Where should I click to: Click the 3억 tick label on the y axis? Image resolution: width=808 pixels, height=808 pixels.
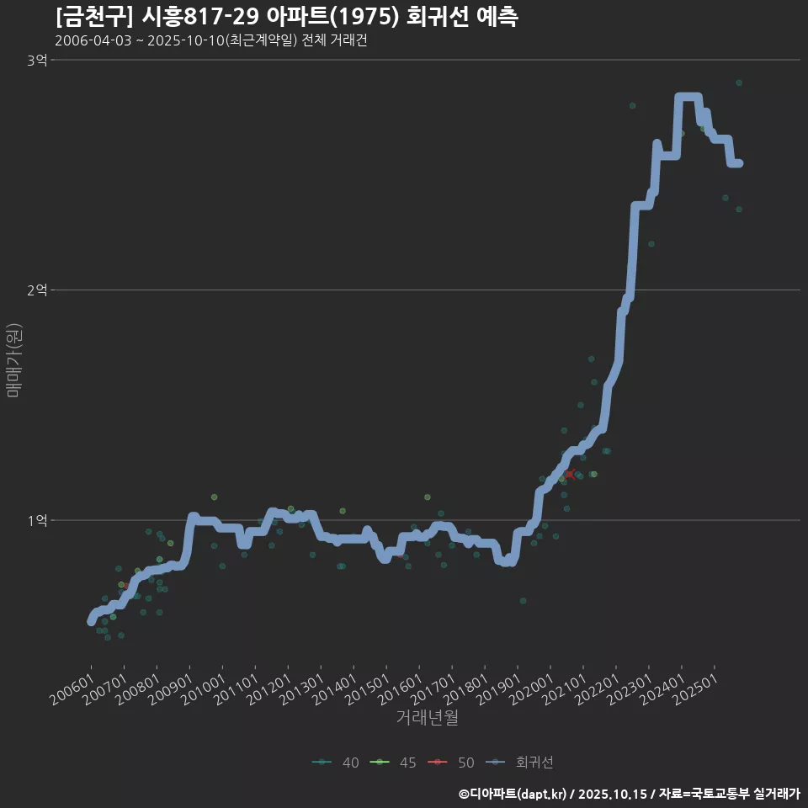pos(37,60)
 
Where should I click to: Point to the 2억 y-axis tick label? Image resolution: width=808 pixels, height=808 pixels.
pos(37,290)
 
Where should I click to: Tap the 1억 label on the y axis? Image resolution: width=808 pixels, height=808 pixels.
pos(37,520)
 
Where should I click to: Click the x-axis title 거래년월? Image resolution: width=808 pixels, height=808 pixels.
pos(427,718)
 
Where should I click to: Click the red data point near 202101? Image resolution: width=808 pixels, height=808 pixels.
pos(570,475)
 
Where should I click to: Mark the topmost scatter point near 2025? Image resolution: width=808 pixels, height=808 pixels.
pos(739,82)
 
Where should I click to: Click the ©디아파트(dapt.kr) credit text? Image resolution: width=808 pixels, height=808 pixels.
pos(515,793)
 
